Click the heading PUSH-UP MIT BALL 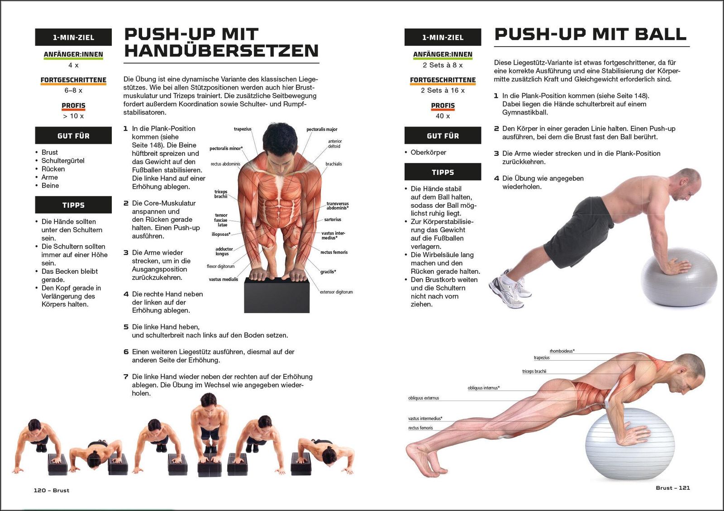pyautogui.click(x=590, y=34)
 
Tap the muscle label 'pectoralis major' pyautogui.click(x=322, y=129)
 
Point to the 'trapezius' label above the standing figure pyautogui.click(x=243, y=129)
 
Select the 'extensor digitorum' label pyautogui.click(x=336, y=292)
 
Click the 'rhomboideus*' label pyautogui.click(x=562, y=351)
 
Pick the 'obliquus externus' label pyautogui.click(x=424, y=398)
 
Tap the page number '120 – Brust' pyautogui.click(x=52, y=490)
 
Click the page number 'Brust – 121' pyautogui.click(x=673, y=488)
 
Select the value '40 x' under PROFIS pyautogui.click(x=443, y=116)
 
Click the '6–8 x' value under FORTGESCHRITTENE pyautogui.click(x=73, y=90)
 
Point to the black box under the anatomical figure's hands pyautogui.click(x=276, y=295)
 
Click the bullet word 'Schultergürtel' pyautogui.click(x=63, y=161)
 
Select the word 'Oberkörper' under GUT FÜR pyautogui.click(x=428, y=152)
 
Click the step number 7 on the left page pyautogui.click(x=126, y=377)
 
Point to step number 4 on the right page pyautogui.click(x=496, y=178)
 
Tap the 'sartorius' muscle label pyautogui.click(x=333, y=220)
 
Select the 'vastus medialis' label pyautogui.click(x=224, y=279)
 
